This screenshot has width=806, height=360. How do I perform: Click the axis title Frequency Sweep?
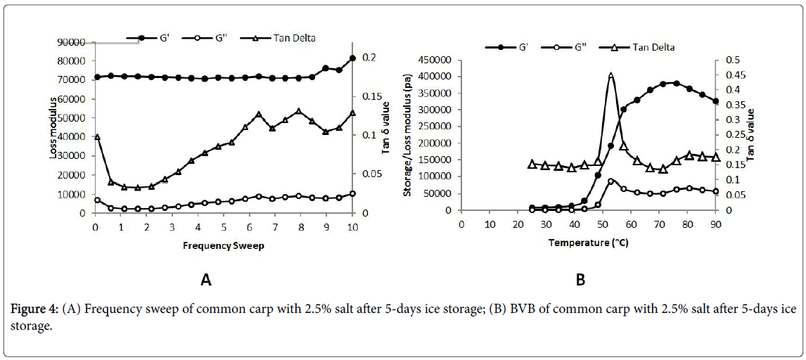click(x=224, y=246)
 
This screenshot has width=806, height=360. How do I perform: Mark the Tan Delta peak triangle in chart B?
click(x=610, y=76)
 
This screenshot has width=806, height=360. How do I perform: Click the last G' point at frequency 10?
click(x=352, y=58)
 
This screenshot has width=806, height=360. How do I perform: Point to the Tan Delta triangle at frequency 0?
click(x=97, y=137)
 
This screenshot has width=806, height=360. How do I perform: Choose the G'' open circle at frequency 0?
click(x=97, y=200)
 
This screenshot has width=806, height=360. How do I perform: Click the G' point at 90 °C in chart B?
click(x=715, y=101)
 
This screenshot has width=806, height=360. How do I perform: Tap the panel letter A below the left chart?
click(x=206, y=280)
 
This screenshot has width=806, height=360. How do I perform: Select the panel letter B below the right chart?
click(x=581, y=280)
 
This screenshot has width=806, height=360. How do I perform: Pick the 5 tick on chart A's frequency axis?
click(x=224, y=226)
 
